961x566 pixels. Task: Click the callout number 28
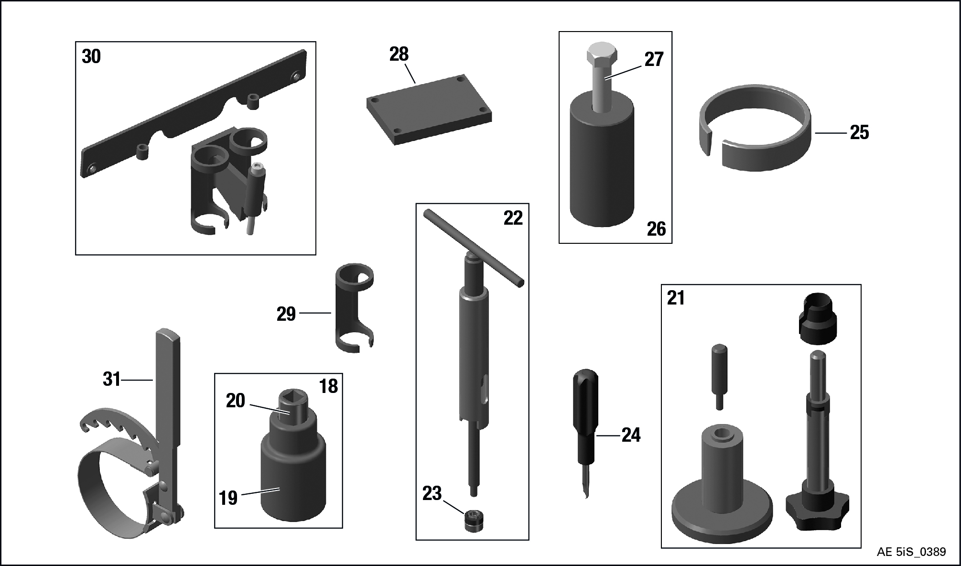point(399,54)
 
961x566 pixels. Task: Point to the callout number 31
point(112,379)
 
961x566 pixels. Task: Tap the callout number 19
point(228,498)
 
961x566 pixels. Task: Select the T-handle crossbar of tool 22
point(474,248)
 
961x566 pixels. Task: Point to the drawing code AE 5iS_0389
point(911,552)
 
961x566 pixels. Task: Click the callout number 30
point(91,56)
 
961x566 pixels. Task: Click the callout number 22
point(513,218)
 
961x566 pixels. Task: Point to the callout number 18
point(328,386)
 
